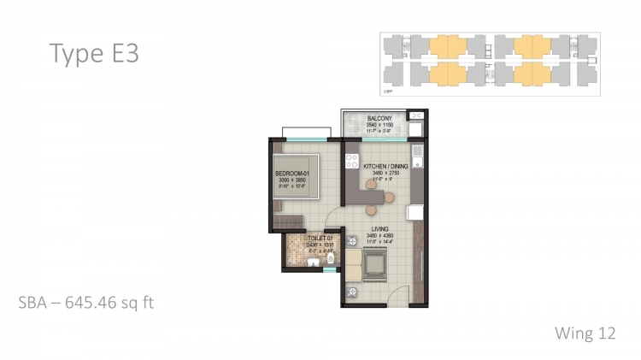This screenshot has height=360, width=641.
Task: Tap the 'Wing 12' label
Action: click(585, 332)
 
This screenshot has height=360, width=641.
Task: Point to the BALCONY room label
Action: click(379, 118)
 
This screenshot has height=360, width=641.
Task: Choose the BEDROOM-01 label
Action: click(291, 175)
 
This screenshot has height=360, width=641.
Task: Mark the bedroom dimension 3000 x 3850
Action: click(291, 182)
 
